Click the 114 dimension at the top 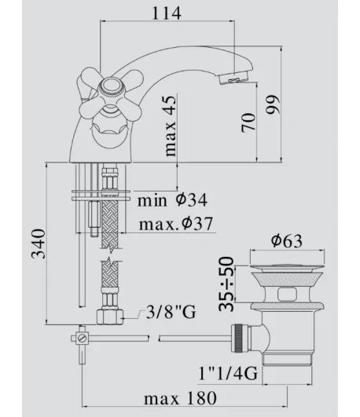pos(167,13)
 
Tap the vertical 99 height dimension pos(274,104)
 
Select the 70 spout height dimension pos(248,123)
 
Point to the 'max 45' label pos(171,126)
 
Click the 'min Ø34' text pos(172,200)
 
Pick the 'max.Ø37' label pos(176,224)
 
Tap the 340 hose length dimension pos(39,243)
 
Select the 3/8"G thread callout pos(171,312)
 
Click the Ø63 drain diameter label pos(287,240)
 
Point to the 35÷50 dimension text pos(226,284)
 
